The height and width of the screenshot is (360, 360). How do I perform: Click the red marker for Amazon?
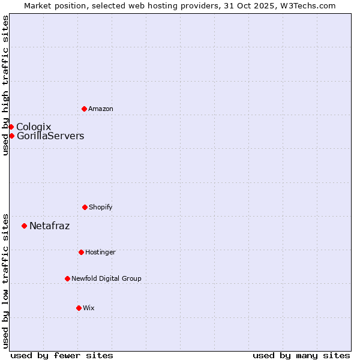(84, 109)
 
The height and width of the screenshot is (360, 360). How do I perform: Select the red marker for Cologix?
(11, 127)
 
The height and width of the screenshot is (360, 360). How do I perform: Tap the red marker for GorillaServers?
(11, 136)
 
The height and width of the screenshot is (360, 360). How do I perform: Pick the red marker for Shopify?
(85, 207)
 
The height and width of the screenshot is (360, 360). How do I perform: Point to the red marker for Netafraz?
(24, 226)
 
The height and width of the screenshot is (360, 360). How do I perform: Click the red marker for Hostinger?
(81, 252)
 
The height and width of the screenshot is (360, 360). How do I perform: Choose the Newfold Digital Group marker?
(67, 278)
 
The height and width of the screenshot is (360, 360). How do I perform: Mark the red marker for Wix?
(79, 308)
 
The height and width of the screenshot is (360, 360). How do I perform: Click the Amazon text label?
(101, 109)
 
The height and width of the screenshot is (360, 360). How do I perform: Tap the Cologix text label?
(34, 127)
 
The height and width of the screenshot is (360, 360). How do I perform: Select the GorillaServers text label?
(50, 136)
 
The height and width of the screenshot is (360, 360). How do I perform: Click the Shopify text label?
(101, 207)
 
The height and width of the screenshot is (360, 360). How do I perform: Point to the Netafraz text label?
(49, 226)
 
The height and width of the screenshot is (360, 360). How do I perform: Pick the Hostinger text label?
(100, 252)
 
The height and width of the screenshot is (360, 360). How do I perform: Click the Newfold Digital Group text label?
(106, 278)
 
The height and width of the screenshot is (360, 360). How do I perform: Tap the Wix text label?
(89, 308)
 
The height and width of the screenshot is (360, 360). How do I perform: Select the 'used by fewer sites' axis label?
(62, 355)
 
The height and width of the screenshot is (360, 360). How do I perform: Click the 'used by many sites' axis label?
(301, 355)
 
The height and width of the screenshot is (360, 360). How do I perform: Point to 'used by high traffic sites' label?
(5, 85)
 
